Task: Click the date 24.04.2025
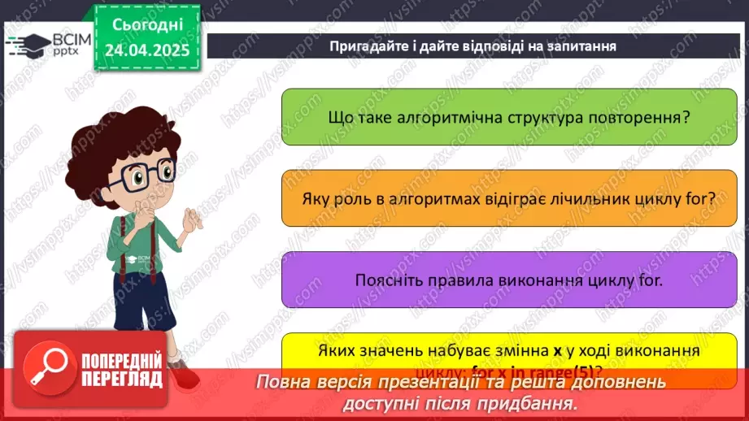146,50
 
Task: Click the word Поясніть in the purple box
387,280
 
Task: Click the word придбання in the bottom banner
532,404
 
